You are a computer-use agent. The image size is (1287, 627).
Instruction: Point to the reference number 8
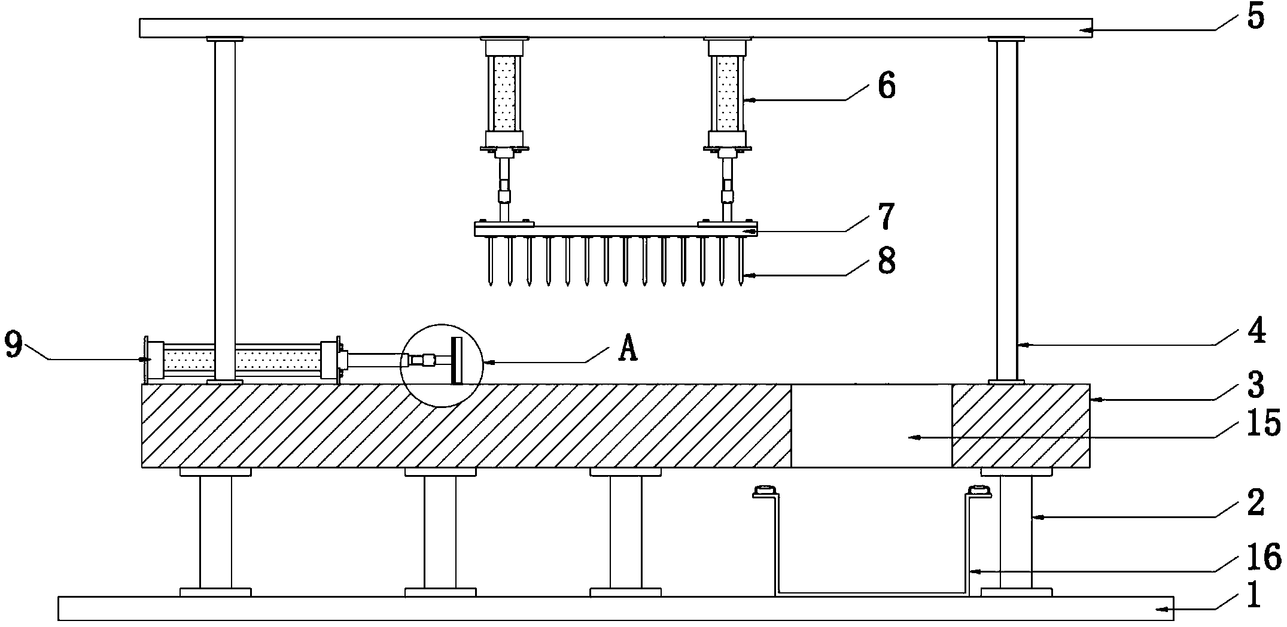coord(886,260)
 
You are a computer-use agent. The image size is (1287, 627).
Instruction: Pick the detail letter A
coord(626,348)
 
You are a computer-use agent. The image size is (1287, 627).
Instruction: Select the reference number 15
coord(1262,423)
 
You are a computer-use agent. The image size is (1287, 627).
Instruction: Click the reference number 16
coord(1262,557)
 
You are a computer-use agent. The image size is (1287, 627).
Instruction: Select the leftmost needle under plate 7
coord(491,260)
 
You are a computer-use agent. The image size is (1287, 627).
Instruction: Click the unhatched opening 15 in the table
coord(871,426)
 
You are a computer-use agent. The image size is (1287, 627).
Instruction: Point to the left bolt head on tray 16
coord(764,492)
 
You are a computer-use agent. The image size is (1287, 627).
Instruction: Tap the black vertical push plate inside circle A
coord(458,361)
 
